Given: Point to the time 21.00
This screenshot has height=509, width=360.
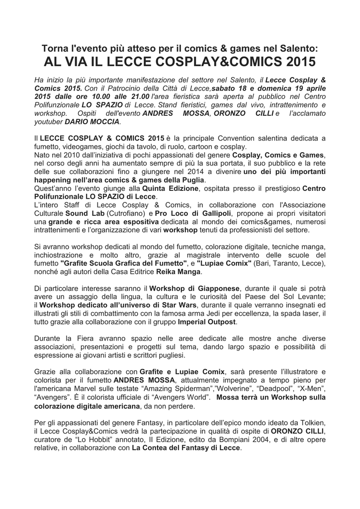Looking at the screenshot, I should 139,96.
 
